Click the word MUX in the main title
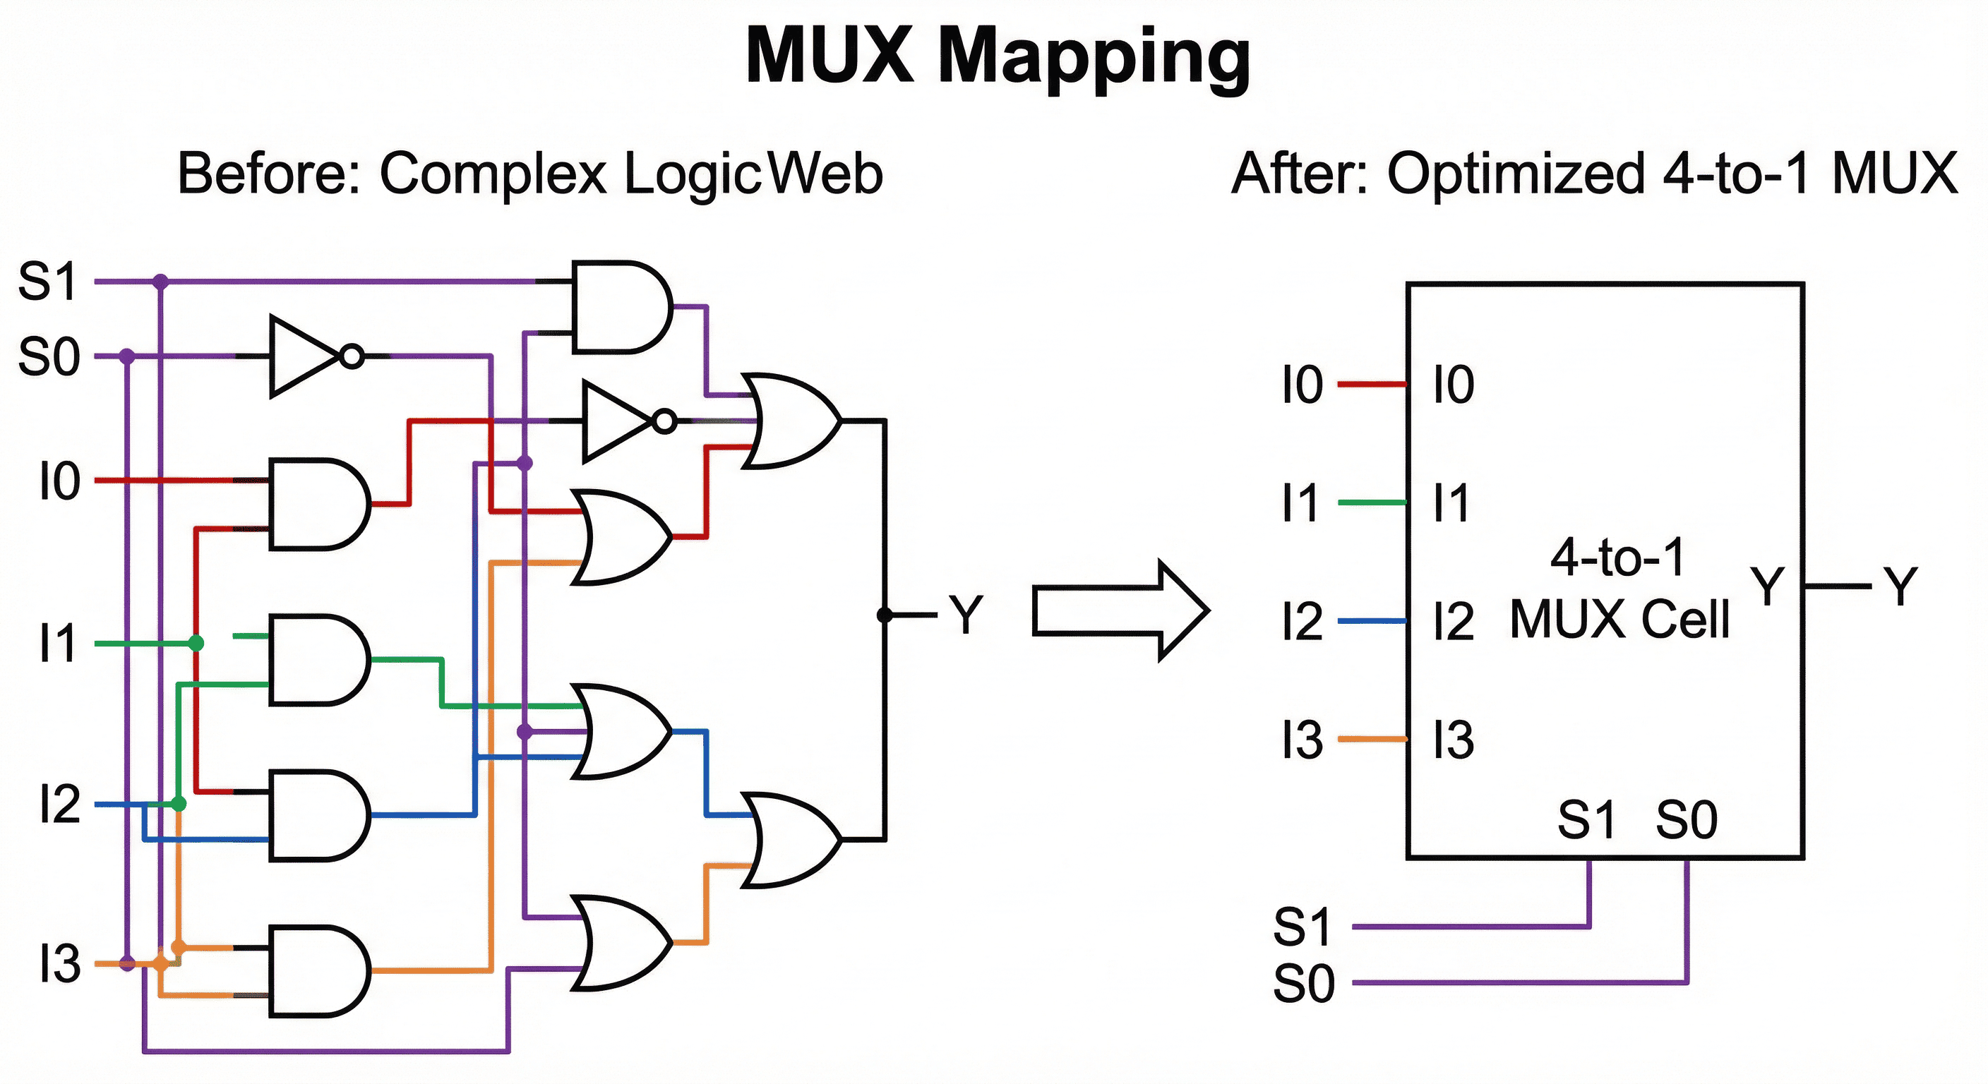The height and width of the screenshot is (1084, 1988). coord(830,56)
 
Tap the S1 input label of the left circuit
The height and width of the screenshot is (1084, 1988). coord(48,282)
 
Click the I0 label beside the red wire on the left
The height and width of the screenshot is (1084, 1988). coord(59,481)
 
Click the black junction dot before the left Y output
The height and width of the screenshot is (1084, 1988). coord(885,615)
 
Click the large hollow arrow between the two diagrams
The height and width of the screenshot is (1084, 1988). coord(1119,610)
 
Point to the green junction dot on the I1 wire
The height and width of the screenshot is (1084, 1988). coord(196,643)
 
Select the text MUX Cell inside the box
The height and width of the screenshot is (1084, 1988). coord(1619,619)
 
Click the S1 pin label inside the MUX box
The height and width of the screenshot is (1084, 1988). coord(1586,819)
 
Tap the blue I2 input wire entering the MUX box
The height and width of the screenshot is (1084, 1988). coord(1372,621)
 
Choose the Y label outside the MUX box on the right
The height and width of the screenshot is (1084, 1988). coord(1900,586)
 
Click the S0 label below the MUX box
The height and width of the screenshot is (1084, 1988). coord(1303,984)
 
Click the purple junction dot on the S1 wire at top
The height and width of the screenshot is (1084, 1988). coord(160,282)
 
